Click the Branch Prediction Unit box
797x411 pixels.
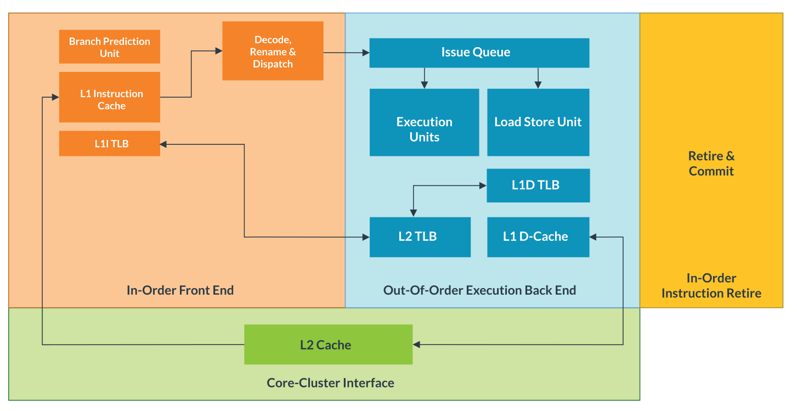(x=110, y=47)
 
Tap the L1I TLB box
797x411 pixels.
(x=110, y=144)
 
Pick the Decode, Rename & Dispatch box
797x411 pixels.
(x=273, y=51)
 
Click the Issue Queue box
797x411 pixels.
(x=479, y=53)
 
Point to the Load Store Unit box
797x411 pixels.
(x=538, y=122)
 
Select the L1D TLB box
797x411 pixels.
(x=538, y=185)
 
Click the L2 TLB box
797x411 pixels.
(x=420, y=237)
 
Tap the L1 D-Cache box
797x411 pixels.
(x=538, y=237)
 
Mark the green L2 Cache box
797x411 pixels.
(x=328, y=345)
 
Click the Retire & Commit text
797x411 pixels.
(x=711, y=164)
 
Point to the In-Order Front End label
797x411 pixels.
(x=180, y=290)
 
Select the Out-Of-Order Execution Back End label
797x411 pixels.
(x=479, y=290)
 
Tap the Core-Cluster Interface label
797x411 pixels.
(x=330, y=382)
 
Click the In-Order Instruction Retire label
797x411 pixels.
(x=711, y=286)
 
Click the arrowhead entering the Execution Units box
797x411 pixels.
(x=424, y=85)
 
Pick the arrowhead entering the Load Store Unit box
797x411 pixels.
(x=538, y=85)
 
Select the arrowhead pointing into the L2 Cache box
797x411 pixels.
(x=416, y=345)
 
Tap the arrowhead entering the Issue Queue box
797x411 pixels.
(x=365, y=53)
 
